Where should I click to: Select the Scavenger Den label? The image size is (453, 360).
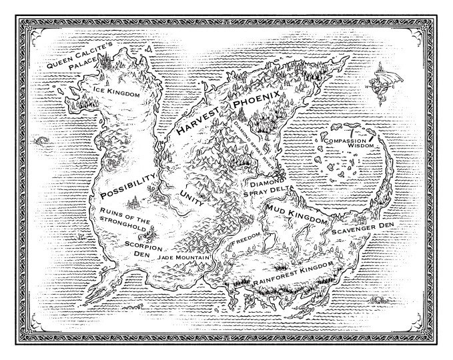(363, 227)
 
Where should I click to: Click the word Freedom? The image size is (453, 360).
(245, 241)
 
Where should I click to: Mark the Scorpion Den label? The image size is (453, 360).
(139, 248)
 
